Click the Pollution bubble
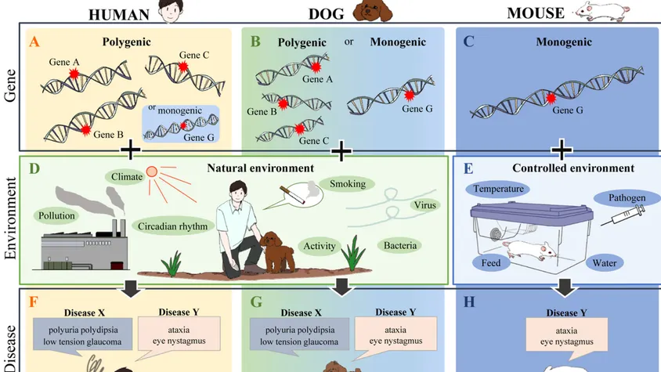pyautogui.click(x=56, y=213)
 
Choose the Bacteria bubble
pyautogui.click(x=400, y=246)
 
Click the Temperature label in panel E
pyautogui.click(x=498, y=189)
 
